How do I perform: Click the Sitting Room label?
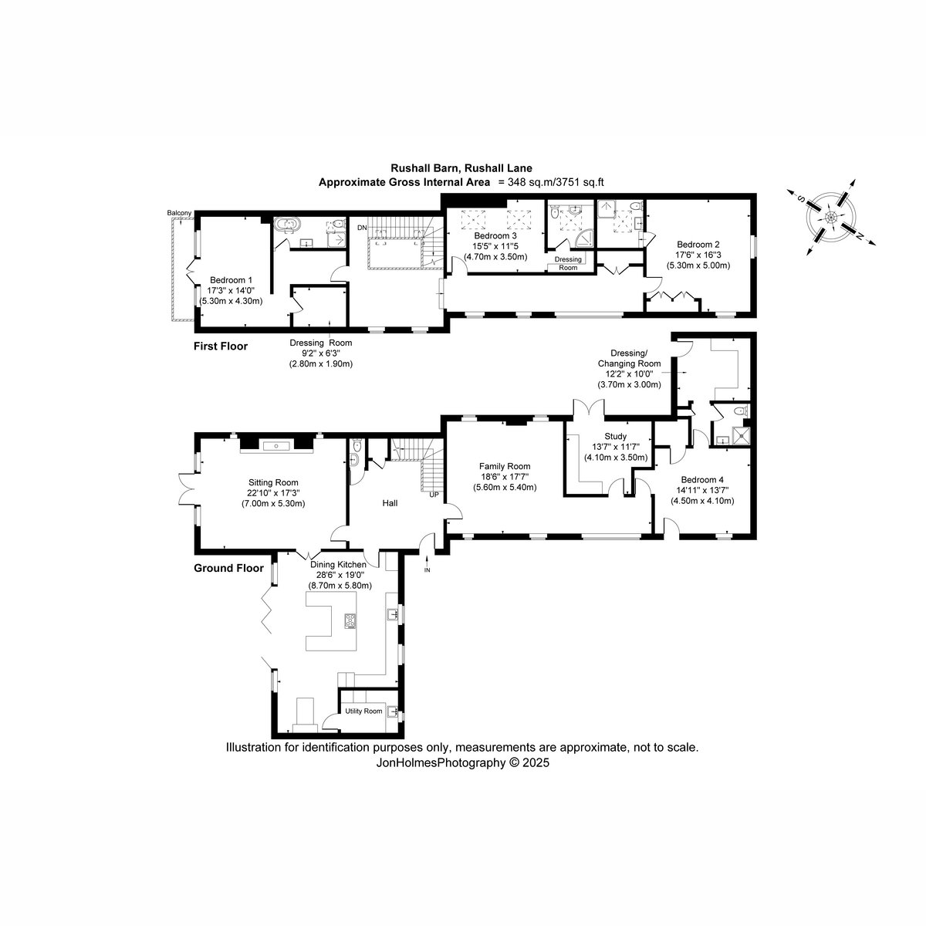coord(273,482)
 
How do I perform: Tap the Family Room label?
coord(505,466)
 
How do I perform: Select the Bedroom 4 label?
coord(702,479)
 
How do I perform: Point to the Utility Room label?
coord(363,711)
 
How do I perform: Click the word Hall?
coord(390,503)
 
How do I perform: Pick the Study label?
coord(616,436)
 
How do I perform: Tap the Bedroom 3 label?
coord(495,236)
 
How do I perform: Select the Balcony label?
coord(179,213)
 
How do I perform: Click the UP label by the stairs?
coord(434,495)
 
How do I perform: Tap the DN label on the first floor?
coord(362,228)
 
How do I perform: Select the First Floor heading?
coord(221,346)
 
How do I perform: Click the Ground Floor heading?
coord(228,568)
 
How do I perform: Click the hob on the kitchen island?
coord(350,621)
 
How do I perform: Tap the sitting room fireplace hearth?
coord(276,447)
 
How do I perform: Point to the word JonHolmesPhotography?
coord(441,762)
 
